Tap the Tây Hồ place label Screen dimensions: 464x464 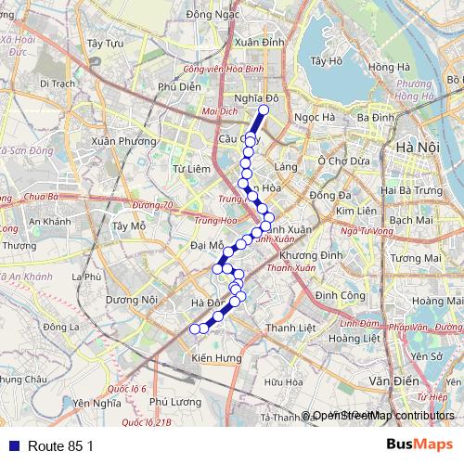point(328,61)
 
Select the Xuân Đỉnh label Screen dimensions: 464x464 point(259,42)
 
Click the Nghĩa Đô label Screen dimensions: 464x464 point(257,97)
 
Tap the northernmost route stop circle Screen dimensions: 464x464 point(263,110)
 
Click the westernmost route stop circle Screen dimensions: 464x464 point(195,329)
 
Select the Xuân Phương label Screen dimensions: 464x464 point(117,141)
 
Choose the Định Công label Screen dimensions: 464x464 point(339,294)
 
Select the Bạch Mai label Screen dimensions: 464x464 point(411,220)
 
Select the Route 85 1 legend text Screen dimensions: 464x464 point(61,446)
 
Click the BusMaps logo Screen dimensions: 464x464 point(413,445)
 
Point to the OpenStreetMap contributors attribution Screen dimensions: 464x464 point(383,415)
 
